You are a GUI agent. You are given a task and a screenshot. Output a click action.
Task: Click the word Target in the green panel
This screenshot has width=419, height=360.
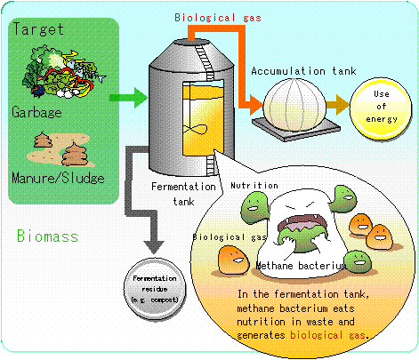[38, 29]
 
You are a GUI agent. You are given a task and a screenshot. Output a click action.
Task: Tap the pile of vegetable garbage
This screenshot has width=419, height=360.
[64, 72]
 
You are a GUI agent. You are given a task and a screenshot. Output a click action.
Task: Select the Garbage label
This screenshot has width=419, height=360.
[36, 113]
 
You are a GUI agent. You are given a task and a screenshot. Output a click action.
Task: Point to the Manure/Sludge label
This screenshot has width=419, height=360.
[58, 178]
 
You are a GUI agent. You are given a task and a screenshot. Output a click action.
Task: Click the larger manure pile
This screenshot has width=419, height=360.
[75, 154]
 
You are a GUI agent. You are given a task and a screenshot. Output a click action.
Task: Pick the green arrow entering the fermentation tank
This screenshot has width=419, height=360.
[128, 98]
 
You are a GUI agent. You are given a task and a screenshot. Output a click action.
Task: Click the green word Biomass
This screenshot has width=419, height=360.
[47, 236]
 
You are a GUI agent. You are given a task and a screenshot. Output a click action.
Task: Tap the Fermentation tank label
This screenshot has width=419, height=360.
[183, 194]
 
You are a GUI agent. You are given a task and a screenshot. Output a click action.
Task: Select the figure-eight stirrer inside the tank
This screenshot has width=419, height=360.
[195, 130]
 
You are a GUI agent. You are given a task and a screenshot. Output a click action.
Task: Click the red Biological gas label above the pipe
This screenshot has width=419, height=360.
[218, 18]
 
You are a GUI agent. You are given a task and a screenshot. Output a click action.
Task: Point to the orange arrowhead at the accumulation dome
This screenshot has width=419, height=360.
[256, 105]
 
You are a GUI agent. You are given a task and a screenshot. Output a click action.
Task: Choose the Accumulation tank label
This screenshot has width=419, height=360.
[303, 71]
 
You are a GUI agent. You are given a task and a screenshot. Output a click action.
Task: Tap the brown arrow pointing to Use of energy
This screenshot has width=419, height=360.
[338, 105]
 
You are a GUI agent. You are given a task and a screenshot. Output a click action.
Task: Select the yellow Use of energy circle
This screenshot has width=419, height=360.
[381, 108]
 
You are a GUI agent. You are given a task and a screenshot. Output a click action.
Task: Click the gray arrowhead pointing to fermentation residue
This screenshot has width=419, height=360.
[154, 247]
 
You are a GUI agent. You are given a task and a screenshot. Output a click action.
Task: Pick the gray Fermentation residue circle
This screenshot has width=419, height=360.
[155, 289]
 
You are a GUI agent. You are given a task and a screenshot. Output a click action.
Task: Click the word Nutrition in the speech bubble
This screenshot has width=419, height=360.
[254, 186]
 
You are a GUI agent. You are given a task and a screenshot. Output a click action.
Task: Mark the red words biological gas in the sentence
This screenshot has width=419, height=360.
[327, 335]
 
